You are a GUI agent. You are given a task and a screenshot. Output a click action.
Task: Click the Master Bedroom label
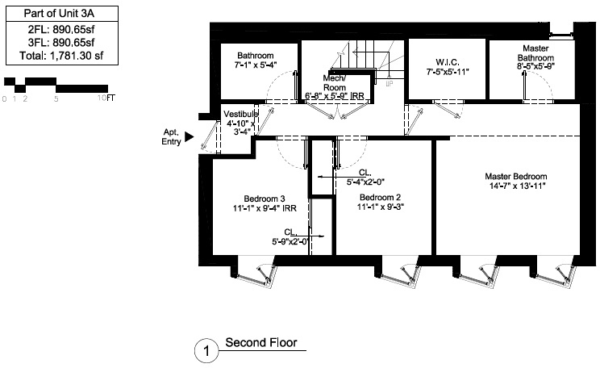[x=515, y=176]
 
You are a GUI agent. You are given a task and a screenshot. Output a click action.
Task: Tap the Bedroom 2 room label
[x=381, y=198]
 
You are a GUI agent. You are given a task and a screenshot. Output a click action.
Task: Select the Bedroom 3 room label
[x=265, y=198]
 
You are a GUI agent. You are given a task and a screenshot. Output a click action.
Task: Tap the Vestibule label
[x=241, y=114]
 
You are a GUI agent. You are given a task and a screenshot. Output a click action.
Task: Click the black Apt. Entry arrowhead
[x=190, y=137]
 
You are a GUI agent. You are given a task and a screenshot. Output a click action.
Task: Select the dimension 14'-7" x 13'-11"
[x=515, y=186]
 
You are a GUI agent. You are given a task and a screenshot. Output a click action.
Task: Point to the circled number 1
[x=206, y=351]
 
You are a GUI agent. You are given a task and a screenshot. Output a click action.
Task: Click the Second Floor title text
[x=260, y=343]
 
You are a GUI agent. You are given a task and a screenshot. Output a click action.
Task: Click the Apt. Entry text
[x=169, y=137]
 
